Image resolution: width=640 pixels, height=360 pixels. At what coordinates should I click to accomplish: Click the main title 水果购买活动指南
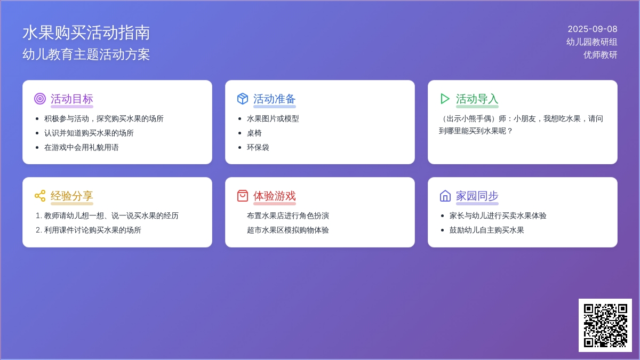pyautogui.click(x=86, y=33)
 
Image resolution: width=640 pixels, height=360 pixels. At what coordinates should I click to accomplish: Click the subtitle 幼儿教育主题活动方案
pyautogui.click(x=86, y=54)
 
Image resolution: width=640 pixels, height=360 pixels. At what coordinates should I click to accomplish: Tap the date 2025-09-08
pyautogui.click(x=593, y=29)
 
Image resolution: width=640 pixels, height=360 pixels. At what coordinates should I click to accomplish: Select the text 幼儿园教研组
pyautogui.click(x=591, y=42)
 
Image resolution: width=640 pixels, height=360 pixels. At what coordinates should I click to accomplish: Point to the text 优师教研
pyautogui.click(x=601, y=55)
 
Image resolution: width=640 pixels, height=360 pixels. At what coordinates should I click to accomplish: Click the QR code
pyautogui.click(x=605, y=325)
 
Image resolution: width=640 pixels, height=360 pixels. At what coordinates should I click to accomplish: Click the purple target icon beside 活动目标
pyautogui.click(x=39, y=99)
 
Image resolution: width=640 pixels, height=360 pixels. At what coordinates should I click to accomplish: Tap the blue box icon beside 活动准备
pyautogui.click(x=243, y=99)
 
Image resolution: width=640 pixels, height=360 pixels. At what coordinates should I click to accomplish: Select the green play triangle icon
pyautogui.click(x=445, y=99)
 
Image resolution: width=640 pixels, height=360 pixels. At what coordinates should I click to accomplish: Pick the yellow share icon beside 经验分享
pyautogui.click(x=40, y=196)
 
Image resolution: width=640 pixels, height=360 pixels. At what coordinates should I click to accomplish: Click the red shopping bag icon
pyautogui.click(x=243, y=196)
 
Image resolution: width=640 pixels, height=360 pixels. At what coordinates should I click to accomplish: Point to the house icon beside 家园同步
pyautogui.click(x=445, y=196)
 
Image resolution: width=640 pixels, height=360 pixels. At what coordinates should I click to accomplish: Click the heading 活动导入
pyautogui.click(x=477, y=99)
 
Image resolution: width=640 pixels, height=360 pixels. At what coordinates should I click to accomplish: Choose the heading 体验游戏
pyautogui.click(x=275, y=196)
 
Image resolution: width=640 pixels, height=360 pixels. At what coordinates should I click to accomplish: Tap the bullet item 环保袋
pyautogui.click(x=258, y=147)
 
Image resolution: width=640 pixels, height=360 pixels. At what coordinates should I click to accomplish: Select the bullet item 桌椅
pyautogui.click(x=254, y=133)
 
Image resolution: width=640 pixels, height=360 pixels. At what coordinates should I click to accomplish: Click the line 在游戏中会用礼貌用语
pyautogui.click(x=82, y=147)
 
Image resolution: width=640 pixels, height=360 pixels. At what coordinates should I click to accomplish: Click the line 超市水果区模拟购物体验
pyautogui.click(x=288, y=230)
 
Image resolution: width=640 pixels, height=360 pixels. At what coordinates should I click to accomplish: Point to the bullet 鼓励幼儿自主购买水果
pyautogui.click(x=487, y=230)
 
